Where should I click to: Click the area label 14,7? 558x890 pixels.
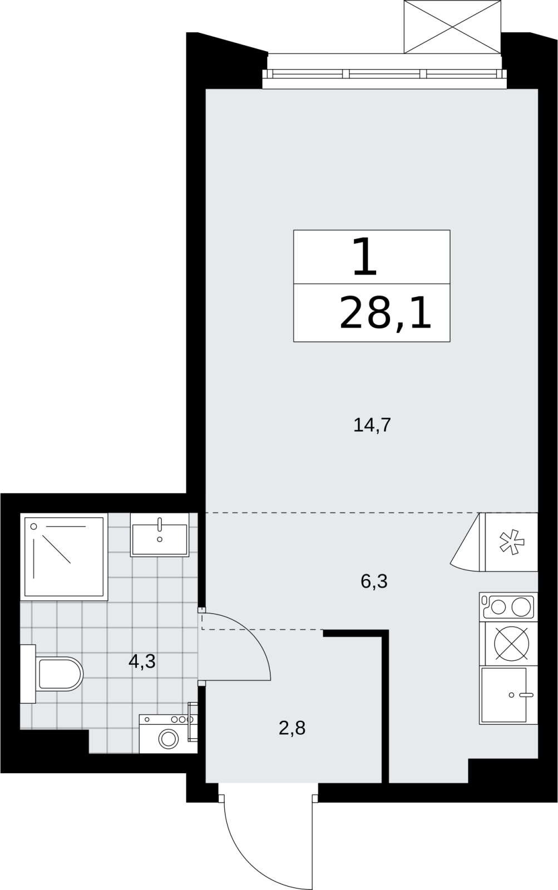point(372,426)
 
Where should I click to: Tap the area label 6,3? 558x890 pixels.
point(374,581)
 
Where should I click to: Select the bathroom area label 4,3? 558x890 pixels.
point(142,661)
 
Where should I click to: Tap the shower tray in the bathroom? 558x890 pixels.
point(64,556)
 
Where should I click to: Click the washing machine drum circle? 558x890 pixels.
point(169,739)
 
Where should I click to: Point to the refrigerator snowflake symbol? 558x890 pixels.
point(511,542)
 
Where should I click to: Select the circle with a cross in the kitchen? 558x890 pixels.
point(511,644)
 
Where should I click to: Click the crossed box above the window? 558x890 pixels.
point(452,27)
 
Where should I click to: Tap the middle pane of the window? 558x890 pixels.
point(383,73)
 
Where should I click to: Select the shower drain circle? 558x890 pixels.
point(34,526)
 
